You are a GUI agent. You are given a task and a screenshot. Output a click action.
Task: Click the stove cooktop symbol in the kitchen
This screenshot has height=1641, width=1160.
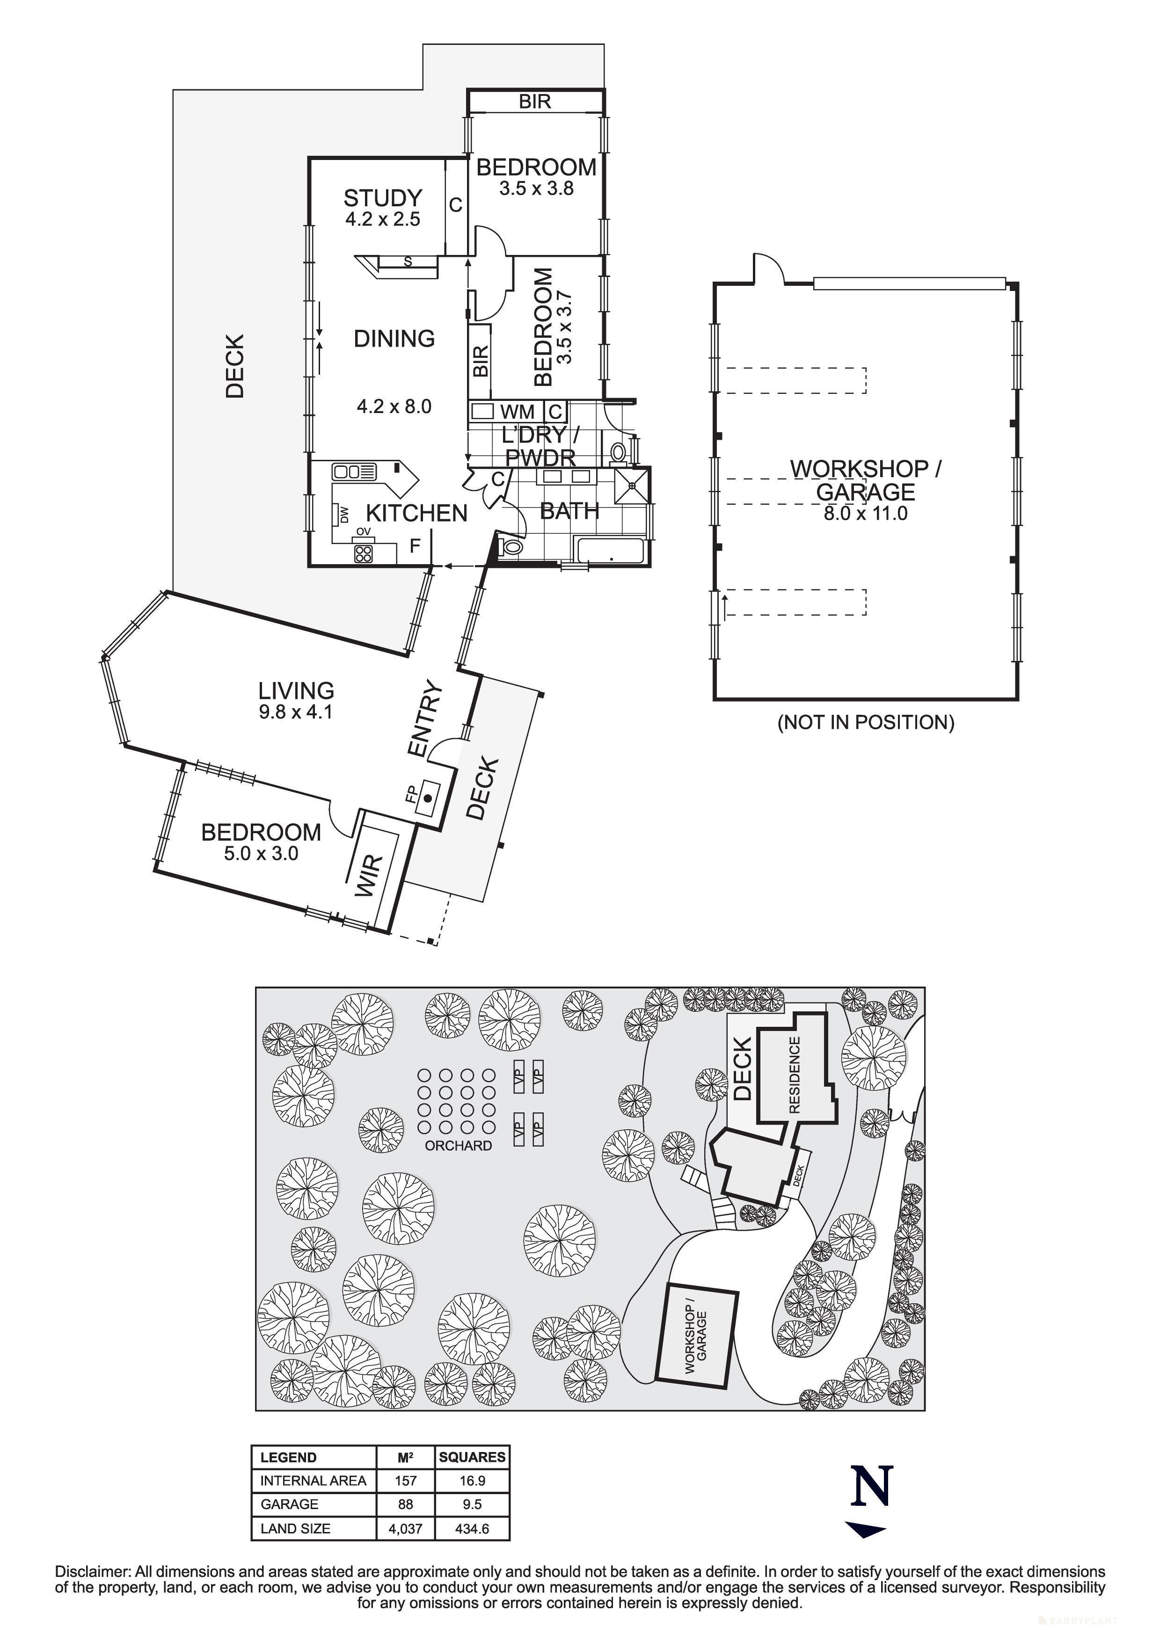[363, 553]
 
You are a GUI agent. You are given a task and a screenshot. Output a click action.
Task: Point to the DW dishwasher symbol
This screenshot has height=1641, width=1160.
[343, 514]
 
